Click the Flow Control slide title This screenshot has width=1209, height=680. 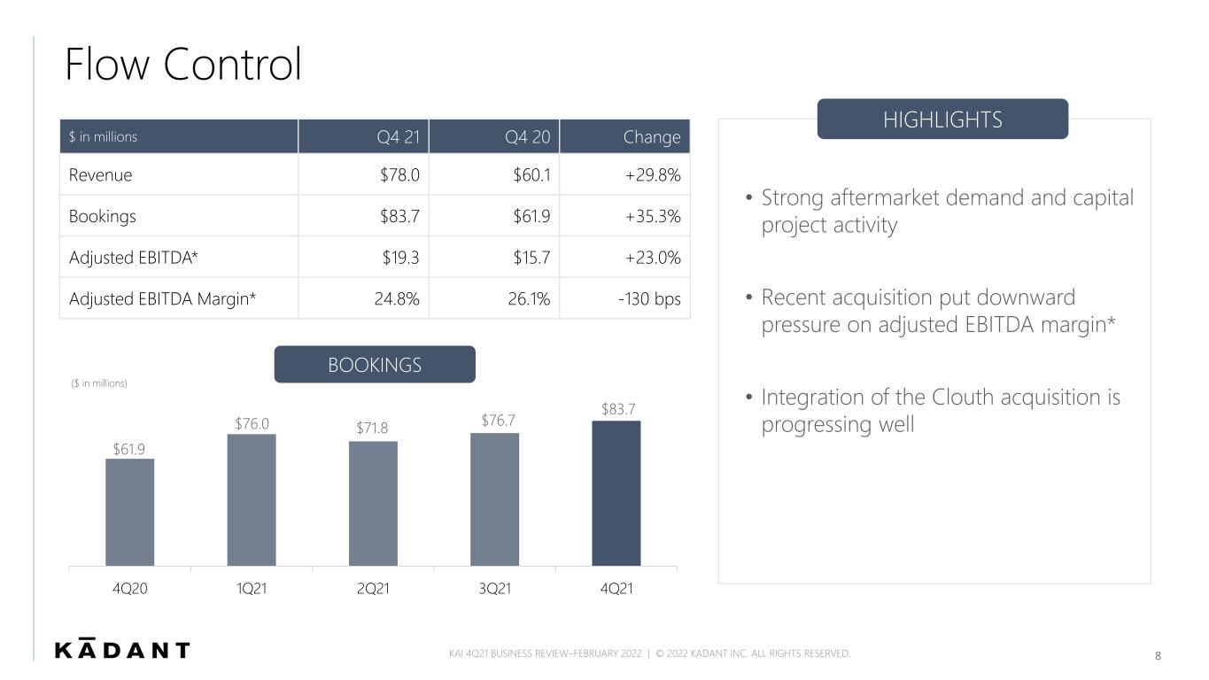coord(183,65)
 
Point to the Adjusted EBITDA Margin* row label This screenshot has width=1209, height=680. coord(162,298)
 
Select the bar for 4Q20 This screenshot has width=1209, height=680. coord(129,512)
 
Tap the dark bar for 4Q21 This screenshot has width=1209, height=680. coord(616,493)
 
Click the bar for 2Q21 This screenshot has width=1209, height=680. coord(373,504)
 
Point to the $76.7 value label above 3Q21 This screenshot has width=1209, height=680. coord(498,421)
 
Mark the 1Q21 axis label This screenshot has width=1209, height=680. coord(252,588)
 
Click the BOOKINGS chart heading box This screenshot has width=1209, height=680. coord(375,365)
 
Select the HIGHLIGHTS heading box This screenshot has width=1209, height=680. coord(942,120)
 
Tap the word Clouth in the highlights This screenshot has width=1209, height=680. coord(963,398)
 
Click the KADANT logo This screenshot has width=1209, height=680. coord(122,649)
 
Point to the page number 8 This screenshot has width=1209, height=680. coord(1158,656)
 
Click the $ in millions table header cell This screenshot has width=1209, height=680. coord(179,136)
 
